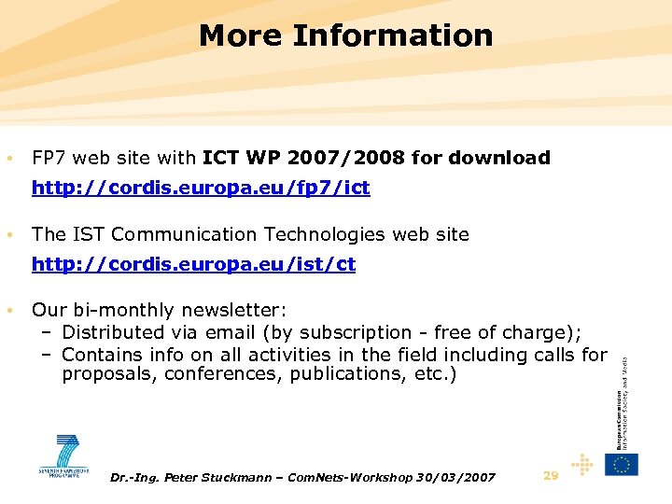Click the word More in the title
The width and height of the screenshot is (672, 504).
241,35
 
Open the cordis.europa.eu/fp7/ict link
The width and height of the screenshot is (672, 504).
201,188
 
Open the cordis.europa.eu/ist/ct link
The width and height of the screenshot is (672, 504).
193,264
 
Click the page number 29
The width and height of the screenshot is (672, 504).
551,476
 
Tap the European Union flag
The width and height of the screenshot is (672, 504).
622,464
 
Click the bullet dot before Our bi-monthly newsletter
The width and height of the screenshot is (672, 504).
8,310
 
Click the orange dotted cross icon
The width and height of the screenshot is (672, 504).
582,464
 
